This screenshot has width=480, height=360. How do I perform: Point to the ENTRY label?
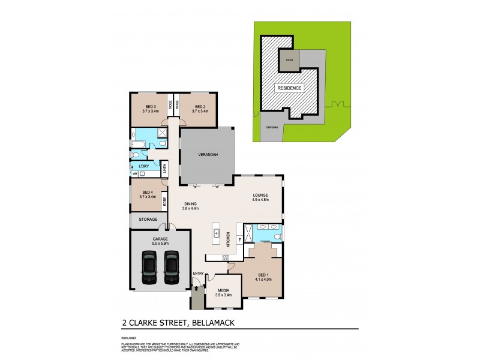coord(197,274)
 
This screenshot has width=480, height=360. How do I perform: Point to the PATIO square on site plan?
coord(289,61)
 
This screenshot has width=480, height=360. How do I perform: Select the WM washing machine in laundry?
coord(134,173)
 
